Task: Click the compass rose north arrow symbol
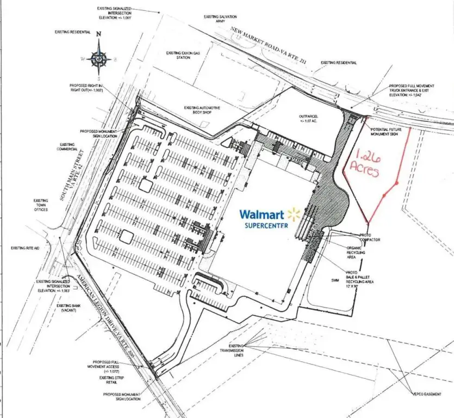[99, 54]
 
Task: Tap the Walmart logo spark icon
[294, 214]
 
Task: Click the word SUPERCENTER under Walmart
[266, 225]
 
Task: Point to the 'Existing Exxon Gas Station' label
[183, 54]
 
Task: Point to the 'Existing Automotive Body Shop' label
[202, 110]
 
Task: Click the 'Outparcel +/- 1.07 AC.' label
[307, 118]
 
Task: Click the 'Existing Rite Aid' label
[26, 248]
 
